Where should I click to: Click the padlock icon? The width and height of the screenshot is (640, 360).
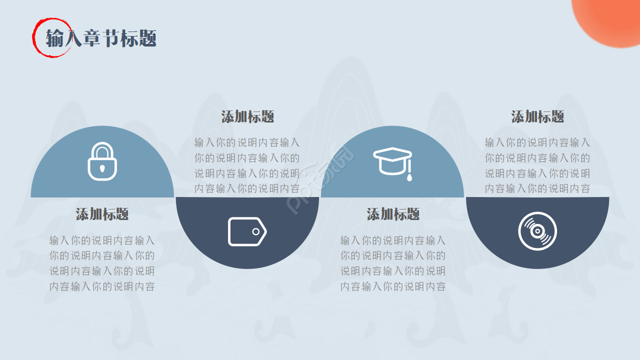tap(102, 162)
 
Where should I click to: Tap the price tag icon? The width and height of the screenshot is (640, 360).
tap(247, 231)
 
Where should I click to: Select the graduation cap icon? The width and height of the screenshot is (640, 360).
tap(392, 161)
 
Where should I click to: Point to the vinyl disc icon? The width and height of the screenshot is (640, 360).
tap(537, 231)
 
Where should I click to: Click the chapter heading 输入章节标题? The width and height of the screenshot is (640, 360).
tap(101, 38)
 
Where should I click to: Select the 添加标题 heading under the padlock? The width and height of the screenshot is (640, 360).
tap(102, 214)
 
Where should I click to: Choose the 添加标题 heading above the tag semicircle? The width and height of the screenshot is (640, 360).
tap(247, 117)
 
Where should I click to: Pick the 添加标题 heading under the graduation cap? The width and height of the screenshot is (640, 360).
tap(393, 214)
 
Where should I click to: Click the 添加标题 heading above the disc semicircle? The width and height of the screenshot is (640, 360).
tap(537, 117)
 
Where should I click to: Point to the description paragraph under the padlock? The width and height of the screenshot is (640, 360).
tap(102, 263)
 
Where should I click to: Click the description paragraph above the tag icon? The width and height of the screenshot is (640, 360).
tap(247, 165)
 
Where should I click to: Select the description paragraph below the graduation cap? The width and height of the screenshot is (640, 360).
tap(393, 263)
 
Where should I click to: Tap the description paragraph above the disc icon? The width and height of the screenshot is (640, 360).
tap(537, 165)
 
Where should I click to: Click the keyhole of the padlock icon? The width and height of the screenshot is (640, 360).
tap(102, 168)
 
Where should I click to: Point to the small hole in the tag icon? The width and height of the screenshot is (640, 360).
tap(256, 231)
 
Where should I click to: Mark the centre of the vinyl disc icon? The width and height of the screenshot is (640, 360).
tap(537, 231)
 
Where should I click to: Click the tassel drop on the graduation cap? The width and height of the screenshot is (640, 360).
tap(409, 176)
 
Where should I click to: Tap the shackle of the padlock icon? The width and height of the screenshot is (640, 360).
tap(102, 149)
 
